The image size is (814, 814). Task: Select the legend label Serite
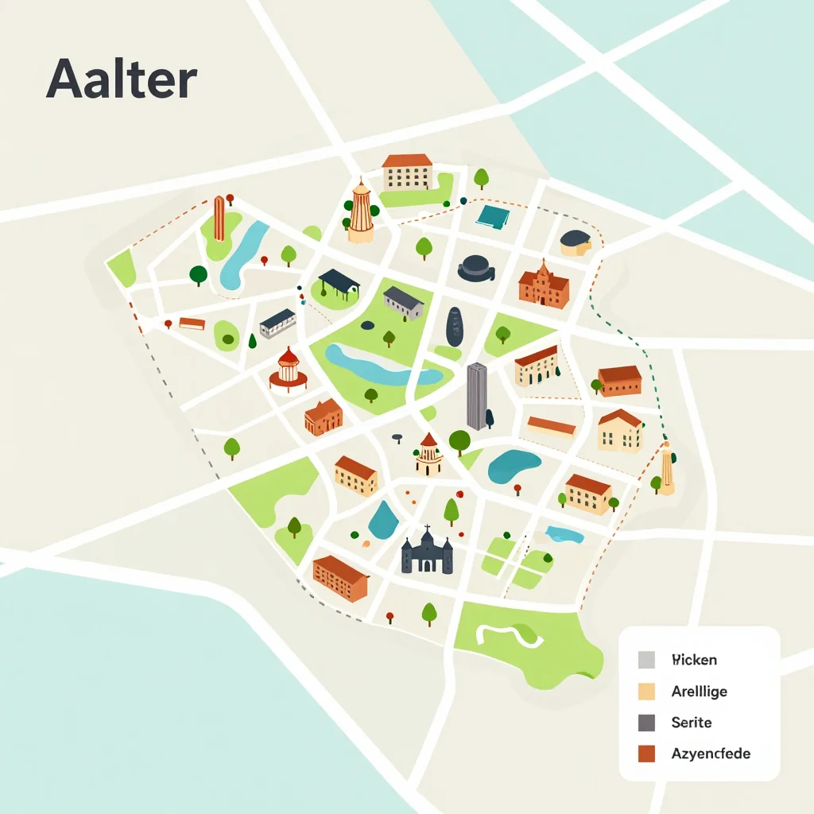point(691,723)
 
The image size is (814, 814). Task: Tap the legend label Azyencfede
point(710,753)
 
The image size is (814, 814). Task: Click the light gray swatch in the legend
point(646,660)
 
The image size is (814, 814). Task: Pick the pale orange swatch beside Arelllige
point(646,692)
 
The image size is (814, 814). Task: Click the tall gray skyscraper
point(476,396)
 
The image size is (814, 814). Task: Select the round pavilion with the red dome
point(288,370)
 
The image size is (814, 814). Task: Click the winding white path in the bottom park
point(508,634)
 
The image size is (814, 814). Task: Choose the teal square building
point(491,215)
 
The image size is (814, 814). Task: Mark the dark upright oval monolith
point(454,326)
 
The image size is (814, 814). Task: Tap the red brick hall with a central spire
point(544,285)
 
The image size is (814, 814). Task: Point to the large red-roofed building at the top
point(407,172)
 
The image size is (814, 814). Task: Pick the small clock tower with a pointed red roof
point(428,455)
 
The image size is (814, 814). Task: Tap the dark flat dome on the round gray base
point(476,267)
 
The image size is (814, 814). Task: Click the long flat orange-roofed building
point(551,427)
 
